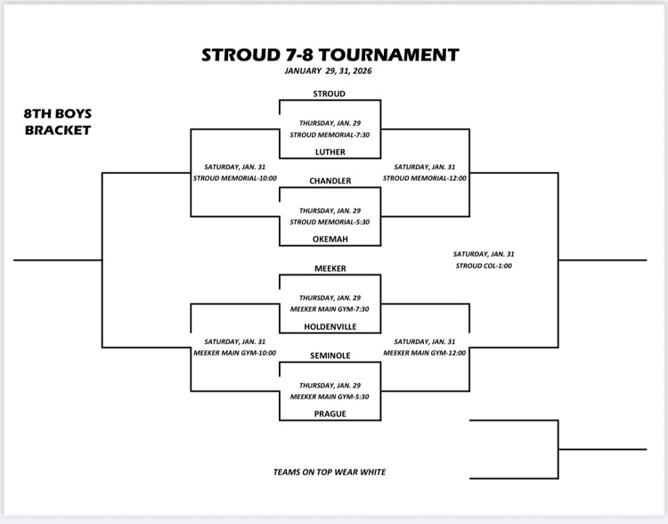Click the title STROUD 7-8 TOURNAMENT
pos(330,53)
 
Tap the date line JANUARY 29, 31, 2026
pos(329,71)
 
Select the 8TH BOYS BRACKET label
pos(58,121)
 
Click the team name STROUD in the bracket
pos(330,94)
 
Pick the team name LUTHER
pos(330,151)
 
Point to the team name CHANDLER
pos(330,181)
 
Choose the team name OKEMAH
pos(330,239)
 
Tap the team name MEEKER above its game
pos(330,268)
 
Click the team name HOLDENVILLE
pos(330,326)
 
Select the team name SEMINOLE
pos(330,356)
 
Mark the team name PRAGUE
pos(330,413)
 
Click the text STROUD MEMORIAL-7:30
pos(330,135)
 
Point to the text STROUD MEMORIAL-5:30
pos(330,222)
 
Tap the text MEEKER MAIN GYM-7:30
pos(330,309)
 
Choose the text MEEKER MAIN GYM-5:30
pos(330,397)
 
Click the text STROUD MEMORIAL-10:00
pos(235,178)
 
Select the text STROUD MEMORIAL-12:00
pos(425,178)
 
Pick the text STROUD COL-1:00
pos(484,266)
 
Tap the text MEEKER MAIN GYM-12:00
pos(425,353)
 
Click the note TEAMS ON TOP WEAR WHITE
pos(330,472)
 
